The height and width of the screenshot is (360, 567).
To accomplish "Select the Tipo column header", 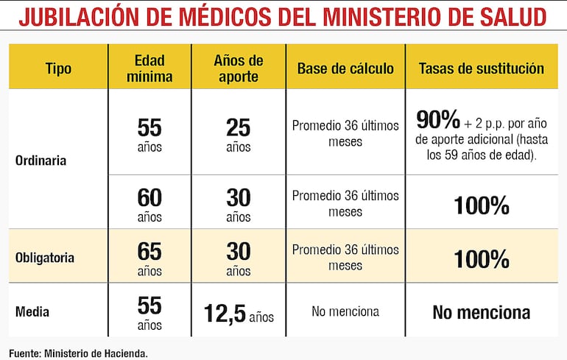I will coord(58,68).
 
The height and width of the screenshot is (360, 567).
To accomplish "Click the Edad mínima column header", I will coord(149,68).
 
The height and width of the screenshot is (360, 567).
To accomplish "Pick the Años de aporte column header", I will coord(239,68).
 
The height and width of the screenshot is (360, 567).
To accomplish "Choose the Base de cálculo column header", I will coord(345,68).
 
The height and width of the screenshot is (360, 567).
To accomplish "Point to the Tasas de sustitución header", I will coord(482,68).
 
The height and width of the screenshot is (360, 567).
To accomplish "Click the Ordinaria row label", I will coord(41,160).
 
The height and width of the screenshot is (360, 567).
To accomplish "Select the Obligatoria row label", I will coord(46,258).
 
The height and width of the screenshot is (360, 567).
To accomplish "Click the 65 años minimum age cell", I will coord(149,258).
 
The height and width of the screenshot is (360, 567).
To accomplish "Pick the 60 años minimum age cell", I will coord(149,204).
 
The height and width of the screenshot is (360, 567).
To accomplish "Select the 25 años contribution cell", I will coord(239,133).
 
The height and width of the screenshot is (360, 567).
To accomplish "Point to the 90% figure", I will coord(438,119).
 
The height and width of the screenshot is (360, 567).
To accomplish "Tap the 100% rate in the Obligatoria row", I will coord(482,259).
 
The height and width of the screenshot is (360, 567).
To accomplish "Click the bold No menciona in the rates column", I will coord(481,312).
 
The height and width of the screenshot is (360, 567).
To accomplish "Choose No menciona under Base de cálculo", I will coord(345,311).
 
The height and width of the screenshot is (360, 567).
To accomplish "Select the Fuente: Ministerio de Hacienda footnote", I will coord(79,353).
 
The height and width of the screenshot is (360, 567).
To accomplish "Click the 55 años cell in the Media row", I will coord(149,312).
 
